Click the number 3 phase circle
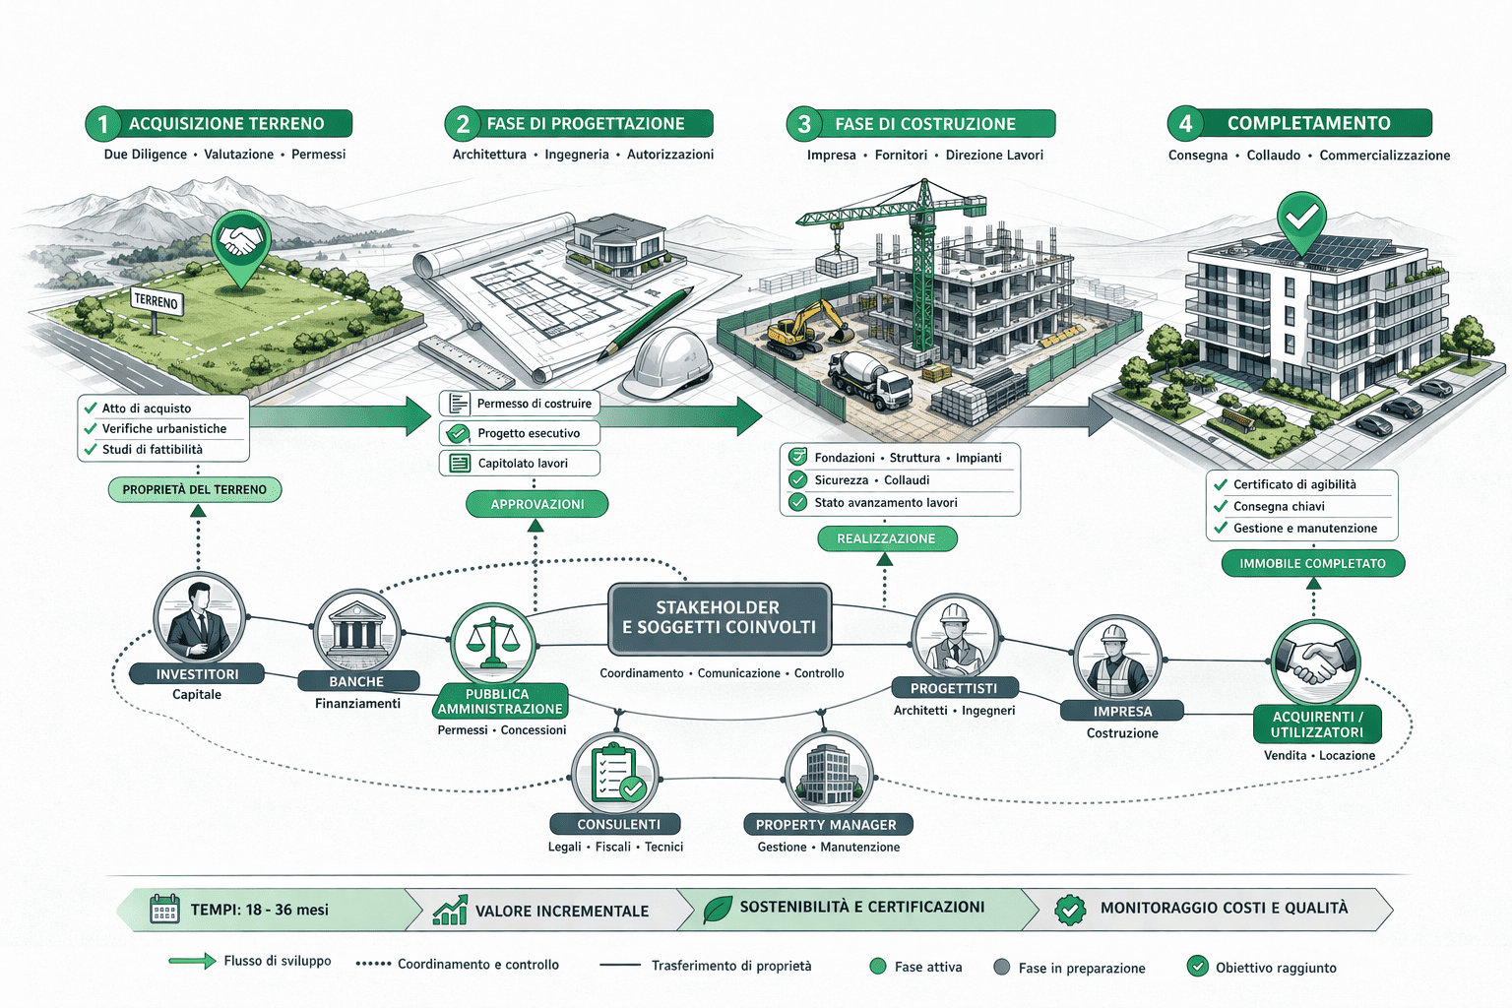[804, 124]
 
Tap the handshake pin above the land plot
[241, 241]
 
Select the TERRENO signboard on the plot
[156, 301]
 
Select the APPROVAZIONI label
[536, 504]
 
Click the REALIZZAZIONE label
[886, 538]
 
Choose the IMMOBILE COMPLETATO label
[1312, 563]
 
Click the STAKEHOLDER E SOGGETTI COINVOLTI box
[720, 618]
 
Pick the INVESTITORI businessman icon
[199, 620]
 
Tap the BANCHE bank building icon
[356, 631]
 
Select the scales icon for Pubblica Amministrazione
[493, 642]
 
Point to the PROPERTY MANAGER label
[826, 825]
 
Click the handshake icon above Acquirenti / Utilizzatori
[1315, 661]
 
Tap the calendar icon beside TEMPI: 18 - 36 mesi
[164, 909]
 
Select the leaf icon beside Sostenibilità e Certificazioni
[718, 909]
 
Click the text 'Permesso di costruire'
[534, 404]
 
